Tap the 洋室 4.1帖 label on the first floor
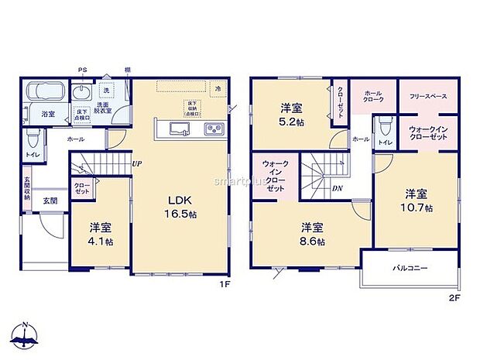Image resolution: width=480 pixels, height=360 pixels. coord(99,234)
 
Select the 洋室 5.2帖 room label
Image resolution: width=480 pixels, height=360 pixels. coord(292,115)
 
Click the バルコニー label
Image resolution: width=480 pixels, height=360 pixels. coord(409,268)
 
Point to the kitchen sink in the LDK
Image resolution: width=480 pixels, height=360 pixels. coord(178,129)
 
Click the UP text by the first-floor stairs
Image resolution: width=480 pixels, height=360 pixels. coord(136,163)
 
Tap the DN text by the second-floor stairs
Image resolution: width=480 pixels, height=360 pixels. coord(338,187)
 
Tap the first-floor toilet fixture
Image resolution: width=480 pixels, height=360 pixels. coord(33,141)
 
